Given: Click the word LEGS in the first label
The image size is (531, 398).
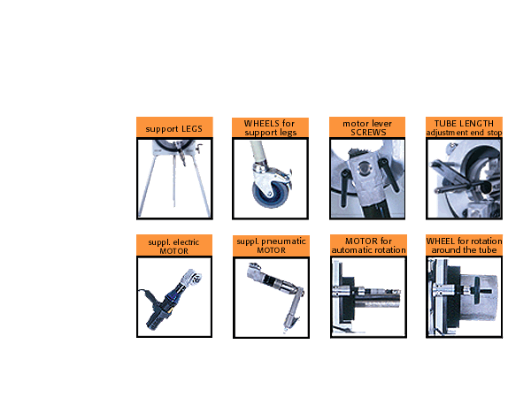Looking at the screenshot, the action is (192, 129).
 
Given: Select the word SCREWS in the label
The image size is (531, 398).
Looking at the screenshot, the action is (368, 133).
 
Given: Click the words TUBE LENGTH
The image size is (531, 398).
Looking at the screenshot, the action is (464, 124).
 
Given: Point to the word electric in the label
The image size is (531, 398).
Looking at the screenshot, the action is (186, 242).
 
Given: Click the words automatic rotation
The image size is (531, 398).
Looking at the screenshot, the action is (368, 250).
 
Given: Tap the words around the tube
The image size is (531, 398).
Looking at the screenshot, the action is (464, 250).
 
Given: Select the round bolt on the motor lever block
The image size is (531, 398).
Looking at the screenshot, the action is (364, 167).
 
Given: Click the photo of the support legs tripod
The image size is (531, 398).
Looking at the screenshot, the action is (174, 179).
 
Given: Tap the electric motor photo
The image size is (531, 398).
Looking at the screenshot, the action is (174, 297).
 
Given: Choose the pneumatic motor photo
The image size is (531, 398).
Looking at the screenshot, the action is (272, 297).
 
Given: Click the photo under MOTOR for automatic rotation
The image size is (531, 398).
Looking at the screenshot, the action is (368, 297).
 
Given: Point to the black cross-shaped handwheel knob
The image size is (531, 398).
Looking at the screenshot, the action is (478, 290).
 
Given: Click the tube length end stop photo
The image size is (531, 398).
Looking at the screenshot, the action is (465, 179).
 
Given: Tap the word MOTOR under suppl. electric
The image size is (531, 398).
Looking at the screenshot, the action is (174, 251).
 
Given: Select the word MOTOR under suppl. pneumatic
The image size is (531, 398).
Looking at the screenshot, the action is (272, 250).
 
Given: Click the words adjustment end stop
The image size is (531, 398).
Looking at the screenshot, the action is (464, 133).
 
